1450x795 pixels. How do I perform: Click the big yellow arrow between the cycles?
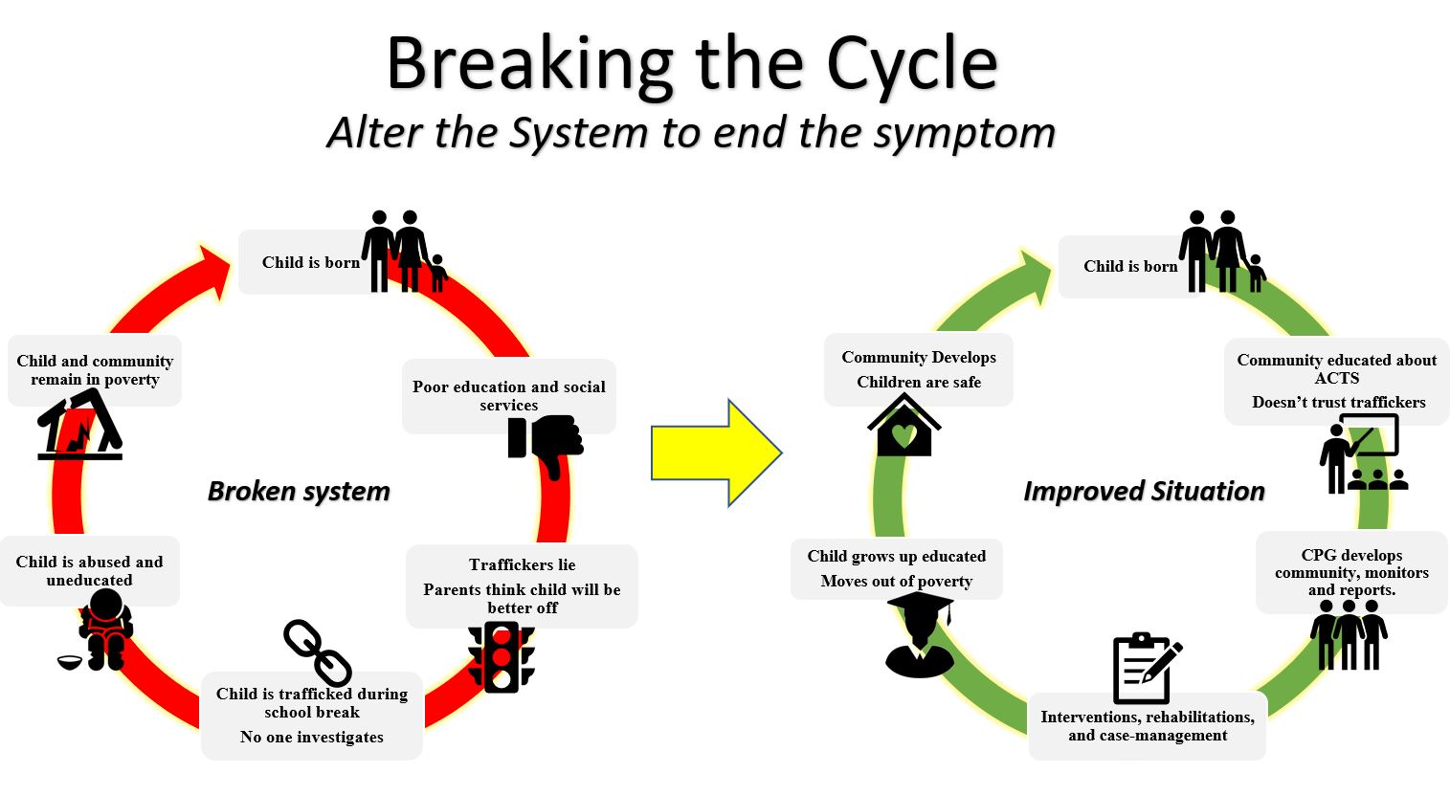[x=713, y=453]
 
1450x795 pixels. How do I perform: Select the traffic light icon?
[x=501, y=657]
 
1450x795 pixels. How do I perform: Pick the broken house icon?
[x=80, y=427]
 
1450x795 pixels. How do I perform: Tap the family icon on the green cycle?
[x=1221, y=252]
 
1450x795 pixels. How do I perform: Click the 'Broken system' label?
[x=299, y=492]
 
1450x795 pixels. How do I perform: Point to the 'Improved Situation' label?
[x=1144, y=492]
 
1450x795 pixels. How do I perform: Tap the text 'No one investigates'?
[x=311, y=738]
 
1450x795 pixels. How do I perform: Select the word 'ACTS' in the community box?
[x=1336, y=379]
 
